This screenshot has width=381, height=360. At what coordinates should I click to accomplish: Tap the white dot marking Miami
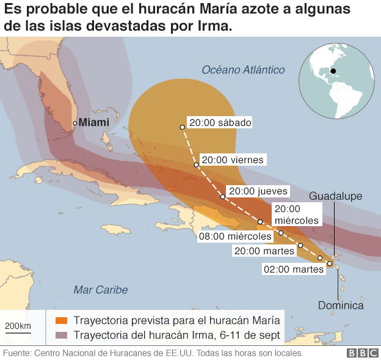click(75, 123)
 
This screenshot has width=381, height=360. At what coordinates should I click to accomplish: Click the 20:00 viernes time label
click(233, 160)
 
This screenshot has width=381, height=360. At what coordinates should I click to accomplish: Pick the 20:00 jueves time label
click(257, 191)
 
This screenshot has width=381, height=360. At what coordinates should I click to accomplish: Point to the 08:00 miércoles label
click(234, 236)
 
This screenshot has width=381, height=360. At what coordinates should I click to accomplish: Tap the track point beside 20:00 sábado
click(182, 127)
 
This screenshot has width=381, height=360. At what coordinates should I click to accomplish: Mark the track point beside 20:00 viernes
click(196, 164)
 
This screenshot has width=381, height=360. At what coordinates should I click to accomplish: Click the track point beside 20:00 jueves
click(222, 197)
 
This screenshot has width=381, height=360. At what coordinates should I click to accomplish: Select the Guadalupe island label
click(336, 196)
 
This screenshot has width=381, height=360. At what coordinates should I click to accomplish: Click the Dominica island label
click(341, 305)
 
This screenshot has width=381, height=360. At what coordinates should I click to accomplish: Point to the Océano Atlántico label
click(244, 70)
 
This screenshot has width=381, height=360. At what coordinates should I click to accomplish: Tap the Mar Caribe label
click(100, 289)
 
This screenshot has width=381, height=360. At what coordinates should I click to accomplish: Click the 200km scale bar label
click(18, 325)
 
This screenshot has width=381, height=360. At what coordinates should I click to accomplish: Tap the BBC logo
click(362, 353)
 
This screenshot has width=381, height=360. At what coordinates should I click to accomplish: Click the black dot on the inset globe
click(333, 71)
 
